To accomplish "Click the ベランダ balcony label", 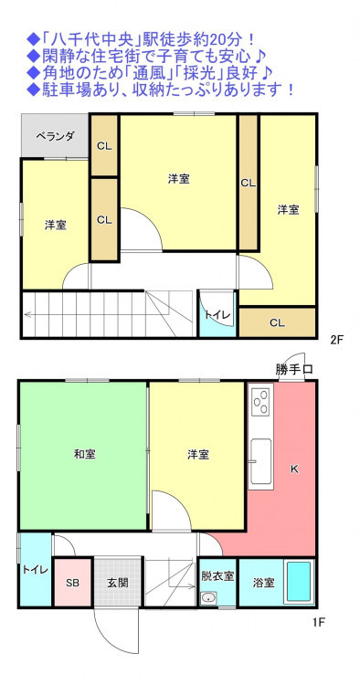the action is pos(55,137).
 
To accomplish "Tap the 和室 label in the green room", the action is pos(84,454).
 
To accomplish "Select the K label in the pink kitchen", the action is pos(294,469).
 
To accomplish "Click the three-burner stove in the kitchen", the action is pos(261,401).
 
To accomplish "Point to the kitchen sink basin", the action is pos(260,461).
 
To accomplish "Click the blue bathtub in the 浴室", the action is pos(299,583).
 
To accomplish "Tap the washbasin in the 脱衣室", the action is pos(209,597).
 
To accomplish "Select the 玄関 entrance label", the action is pos(118,583).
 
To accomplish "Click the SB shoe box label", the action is pos(72,584).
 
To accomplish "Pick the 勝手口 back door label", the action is pos(293,369).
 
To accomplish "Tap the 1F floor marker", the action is pos(319,623).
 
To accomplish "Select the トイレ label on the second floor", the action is pos(217,314).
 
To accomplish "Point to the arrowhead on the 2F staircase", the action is pos(27,313).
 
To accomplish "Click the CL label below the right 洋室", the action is pos(278,323).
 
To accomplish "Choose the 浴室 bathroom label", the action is pos(264,583).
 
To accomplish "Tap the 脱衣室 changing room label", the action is pos(217,575).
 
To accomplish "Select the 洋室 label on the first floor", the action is pos(198,454).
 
